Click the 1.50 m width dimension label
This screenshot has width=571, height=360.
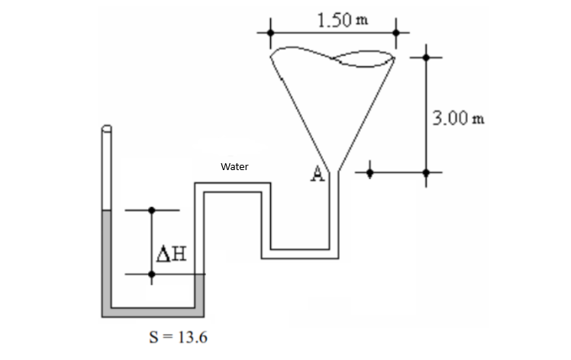point(342,19)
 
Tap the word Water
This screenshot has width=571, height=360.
point(234,166)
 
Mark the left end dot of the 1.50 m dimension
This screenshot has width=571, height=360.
point(270,33)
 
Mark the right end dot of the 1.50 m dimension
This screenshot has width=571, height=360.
point(395,33)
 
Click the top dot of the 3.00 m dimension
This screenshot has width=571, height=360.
point(427,57)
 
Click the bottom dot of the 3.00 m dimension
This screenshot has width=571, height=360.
point(427,172)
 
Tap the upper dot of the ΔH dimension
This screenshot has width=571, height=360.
point(151,210)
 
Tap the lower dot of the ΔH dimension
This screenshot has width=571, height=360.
point(151,275)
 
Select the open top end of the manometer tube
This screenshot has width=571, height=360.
point(106,129)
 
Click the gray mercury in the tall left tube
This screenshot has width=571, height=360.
point(106,259)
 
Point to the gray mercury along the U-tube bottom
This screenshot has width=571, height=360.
point(153,311)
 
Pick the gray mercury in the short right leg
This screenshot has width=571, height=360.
point(201,294)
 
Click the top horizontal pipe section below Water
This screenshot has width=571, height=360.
point(233,187)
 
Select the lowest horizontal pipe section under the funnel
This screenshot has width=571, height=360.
point(300,252)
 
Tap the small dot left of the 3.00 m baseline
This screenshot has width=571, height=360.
point(370,172)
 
